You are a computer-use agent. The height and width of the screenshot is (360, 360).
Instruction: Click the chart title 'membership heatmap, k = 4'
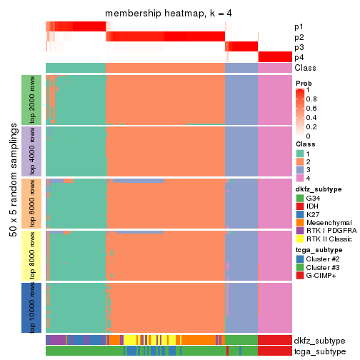coord(169,14)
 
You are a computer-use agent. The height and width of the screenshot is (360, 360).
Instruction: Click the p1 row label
coord(299,26)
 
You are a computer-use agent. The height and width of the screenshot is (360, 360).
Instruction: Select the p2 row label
coord(299,36)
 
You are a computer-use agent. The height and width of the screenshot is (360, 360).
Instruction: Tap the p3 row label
coord(299,47)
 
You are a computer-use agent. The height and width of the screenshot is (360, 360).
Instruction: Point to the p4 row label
coord(299,57)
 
